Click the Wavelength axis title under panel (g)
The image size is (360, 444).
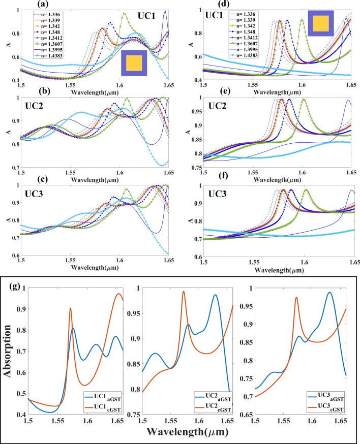[x=180, y=432]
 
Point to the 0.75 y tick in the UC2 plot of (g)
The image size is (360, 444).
[x=131, y=416]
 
